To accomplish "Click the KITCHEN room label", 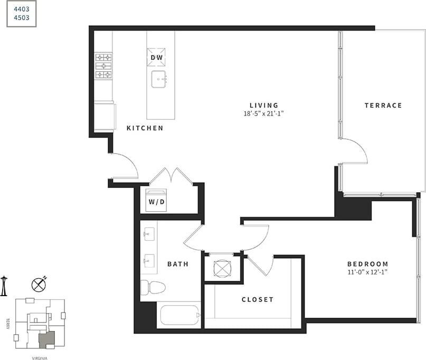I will tap(145, 128).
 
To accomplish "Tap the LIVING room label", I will tap(264, 105).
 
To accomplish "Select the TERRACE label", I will tap(383, 106).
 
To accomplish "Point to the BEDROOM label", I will tap(367, 264).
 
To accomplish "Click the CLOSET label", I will tap(258, 299).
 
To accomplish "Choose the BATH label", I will tap(178, 264).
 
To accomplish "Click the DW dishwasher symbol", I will tap(157, 58).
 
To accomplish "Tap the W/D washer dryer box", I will tap(156, 201).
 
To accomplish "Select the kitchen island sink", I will tap(158, 80).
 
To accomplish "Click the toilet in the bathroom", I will tap(153, 288).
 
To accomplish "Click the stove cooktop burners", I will tap(103, 66).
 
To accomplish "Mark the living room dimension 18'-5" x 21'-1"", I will tap(264, 113).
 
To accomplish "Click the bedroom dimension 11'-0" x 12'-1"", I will tap(367, 272).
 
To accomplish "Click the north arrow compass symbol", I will tap(39, 285).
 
